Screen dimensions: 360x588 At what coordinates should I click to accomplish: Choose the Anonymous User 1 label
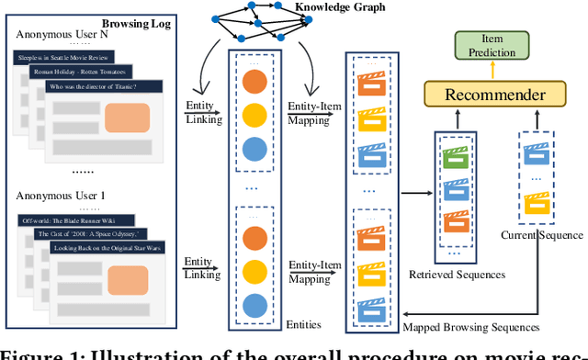(x=57, y=197)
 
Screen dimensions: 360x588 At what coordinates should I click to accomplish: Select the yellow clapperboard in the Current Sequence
(x=537, y=201)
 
